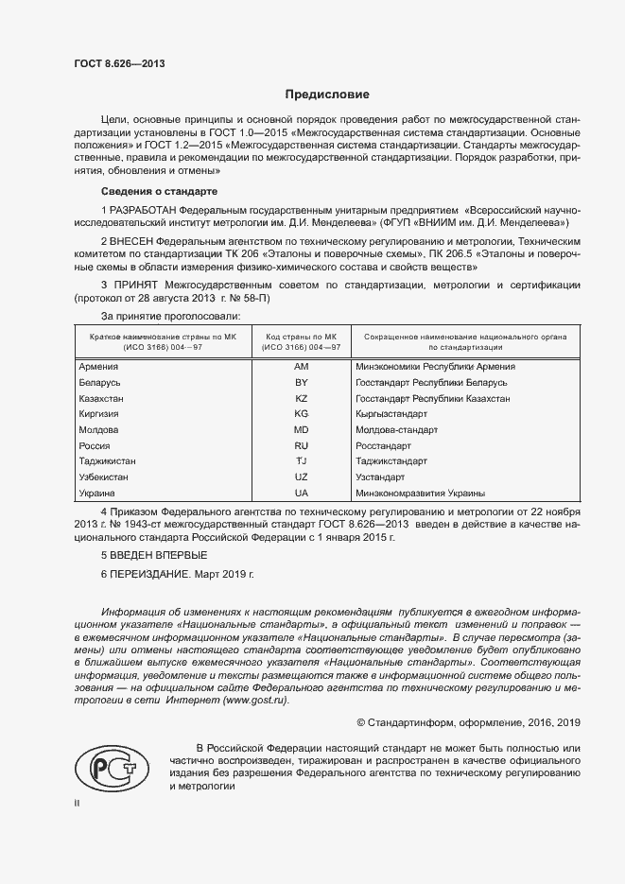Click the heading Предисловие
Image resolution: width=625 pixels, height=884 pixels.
tap(327, 95)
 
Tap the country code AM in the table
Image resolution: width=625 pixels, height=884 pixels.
tap(302, 366)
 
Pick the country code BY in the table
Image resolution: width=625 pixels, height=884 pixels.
tap(302, 382)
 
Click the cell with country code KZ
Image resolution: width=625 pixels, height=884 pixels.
tap(302, 398)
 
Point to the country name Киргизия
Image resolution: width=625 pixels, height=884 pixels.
tap(100, 414)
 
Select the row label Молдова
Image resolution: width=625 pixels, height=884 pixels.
tap(98, 429)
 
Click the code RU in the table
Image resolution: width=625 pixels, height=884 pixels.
tap(302, 445)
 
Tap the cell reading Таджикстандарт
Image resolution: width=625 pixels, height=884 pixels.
tap(391, 461)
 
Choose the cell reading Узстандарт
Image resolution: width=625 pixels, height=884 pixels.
tap(380, 477)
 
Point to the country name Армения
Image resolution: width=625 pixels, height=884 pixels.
tap(98, 366)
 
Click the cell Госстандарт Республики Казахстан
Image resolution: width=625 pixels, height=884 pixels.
tap(432, 398)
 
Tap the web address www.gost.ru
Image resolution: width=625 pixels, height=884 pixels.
tap(255, 701)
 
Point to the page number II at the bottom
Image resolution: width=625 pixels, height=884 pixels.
tap(77, 803)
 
